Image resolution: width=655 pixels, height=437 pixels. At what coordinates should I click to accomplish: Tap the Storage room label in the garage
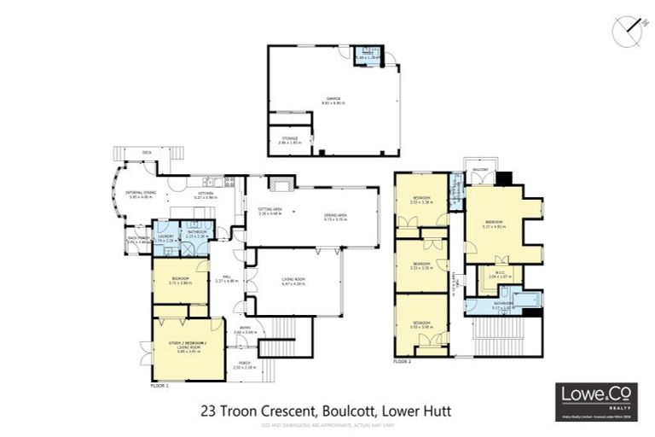point(290,139)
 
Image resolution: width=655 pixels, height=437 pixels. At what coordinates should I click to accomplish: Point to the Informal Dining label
point(140,194)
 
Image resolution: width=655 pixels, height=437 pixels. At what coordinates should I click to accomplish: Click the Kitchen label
point(206,195)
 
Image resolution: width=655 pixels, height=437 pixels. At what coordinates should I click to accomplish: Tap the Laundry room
point(165,238)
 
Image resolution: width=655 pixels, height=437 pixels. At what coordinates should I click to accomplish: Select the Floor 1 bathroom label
point(197,233)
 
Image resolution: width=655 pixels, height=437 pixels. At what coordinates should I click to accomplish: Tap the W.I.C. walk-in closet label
point(497,275)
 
